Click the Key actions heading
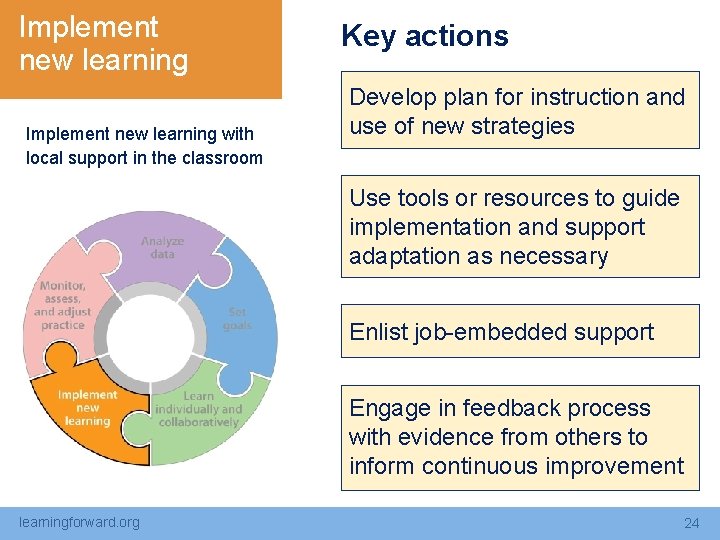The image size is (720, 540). [x=424, y=36]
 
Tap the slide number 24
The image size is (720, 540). [x=691, y=523]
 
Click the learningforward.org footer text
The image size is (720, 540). [x=80, y=522]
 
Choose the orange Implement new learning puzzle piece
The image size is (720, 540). [x=85, y=410]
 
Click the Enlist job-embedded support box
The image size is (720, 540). [x=519, y=332]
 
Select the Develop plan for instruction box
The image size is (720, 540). [x=519, y=111]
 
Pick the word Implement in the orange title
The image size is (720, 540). [x=88, y=27]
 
